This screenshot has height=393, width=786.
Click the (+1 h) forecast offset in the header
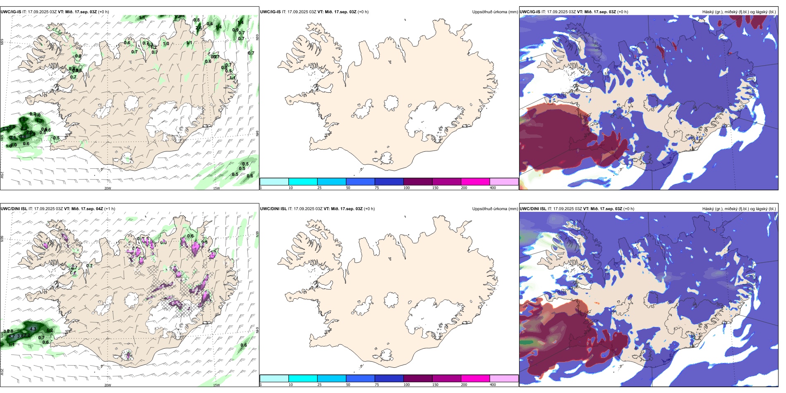(110, 209)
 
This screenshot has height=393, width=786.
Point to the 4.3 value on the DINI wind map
(34, 329)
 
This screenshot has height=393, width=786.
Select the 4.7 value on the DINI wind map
(12, 336)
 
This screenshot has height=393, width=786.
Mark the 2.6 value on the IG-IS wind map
(199, 28)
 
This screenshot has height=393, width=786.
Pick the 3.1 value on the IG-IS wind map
(13, 138)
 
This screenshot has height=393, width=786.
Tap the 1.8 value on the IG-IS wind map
(22, 120)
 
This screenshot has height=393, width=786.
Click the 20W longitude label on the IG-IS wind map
(108, 188)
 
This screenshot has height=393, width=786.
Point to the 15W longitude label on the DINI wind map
(216, 385)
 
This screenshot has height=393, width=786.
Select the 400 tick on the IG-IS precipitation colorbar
(493, 188)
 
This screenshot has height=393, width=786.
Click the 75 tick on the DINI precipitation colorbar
(377, 385)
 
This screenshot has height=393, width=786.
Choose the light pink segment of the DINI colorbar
(504, 379)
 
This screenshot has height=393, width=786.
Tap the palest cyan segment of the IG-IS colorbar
(274, 182)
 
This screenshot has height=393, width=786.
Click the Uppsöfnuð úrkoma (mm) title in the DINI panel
(495, 209)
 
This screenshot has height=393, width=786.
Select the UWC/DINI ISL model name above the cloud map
(533, 209)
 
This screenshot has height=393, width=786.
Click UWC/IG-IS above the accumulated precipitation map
(270, 12)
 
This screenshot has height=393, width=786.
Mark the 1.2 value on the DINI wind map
(50, 331)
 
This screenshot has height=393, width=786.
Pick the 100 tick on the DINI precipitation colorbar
(407, 385)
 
